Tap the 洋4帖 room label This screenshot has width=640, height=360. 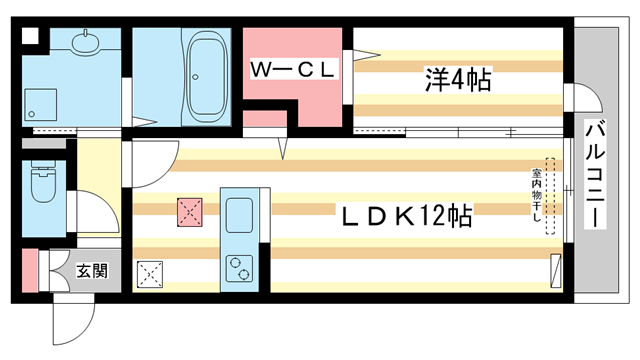click(x=459, y=81)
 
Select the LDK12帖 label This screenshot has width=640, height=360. click(x=404, y=215)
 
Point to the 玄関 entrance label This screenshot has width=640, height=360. click(x=92, y=270)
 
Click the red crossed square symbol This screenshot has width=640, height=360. click(x=190, y=211)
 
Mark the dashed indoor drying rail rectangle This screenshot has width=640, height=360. click(x=549, y=195)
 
